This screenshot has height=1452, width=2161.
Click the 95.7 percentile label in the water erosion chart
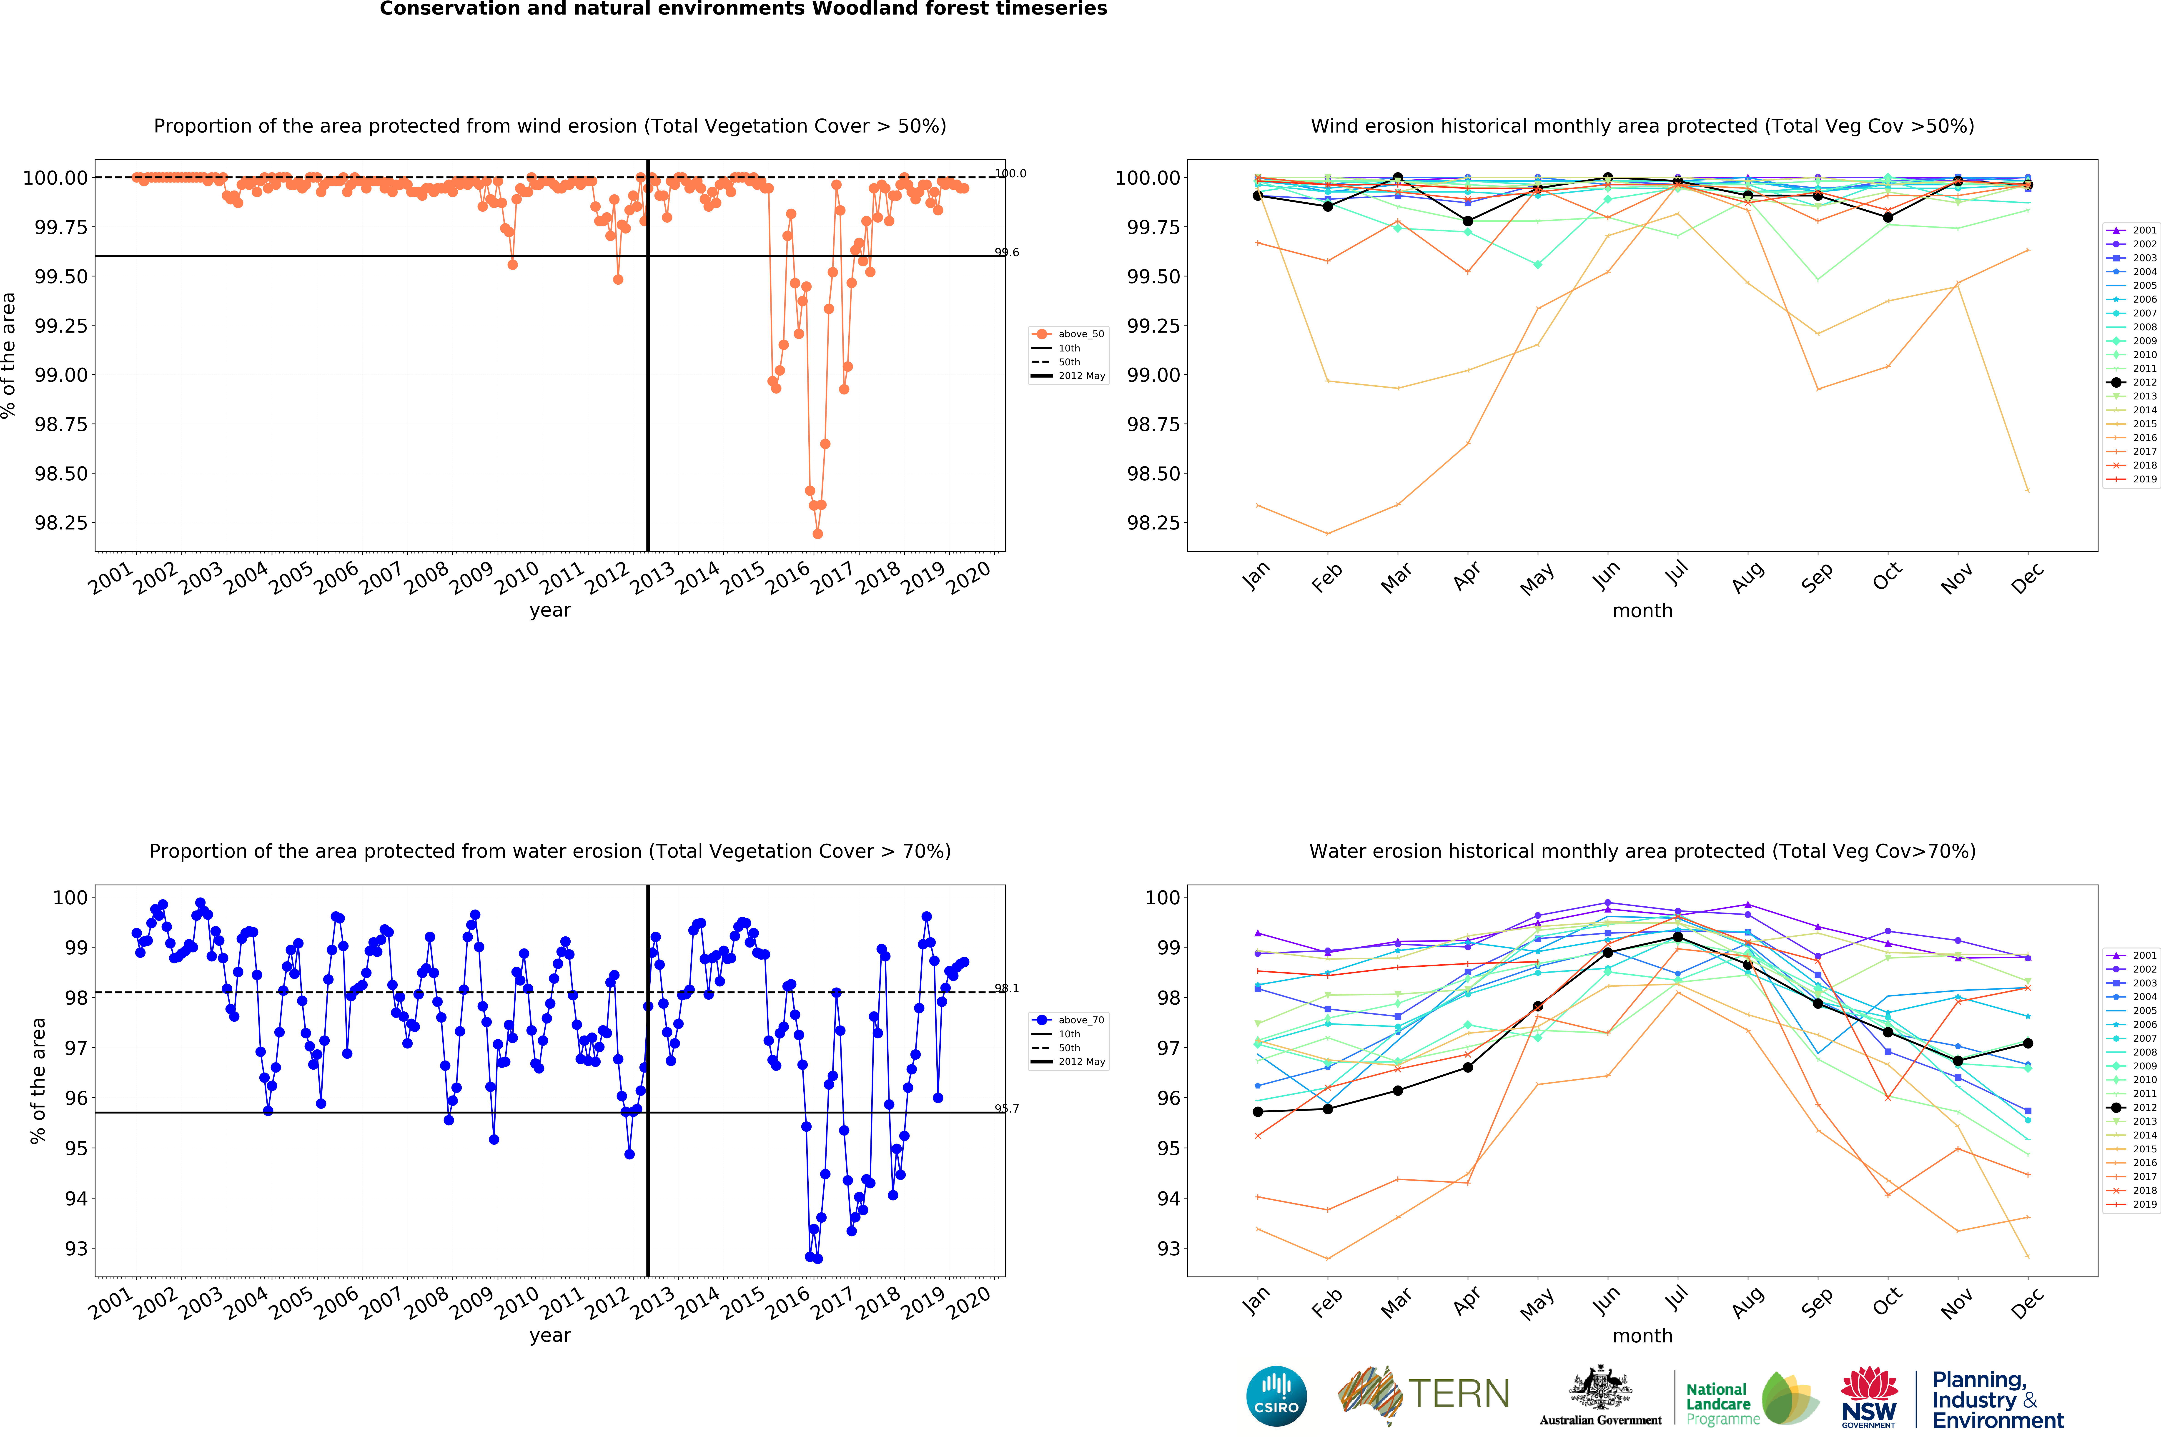pyautogui.click(x=1006, y=1108)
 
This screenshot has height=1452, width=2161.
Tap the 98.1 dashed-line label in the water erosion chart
pyautogui.click(x=1006, y=988)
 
